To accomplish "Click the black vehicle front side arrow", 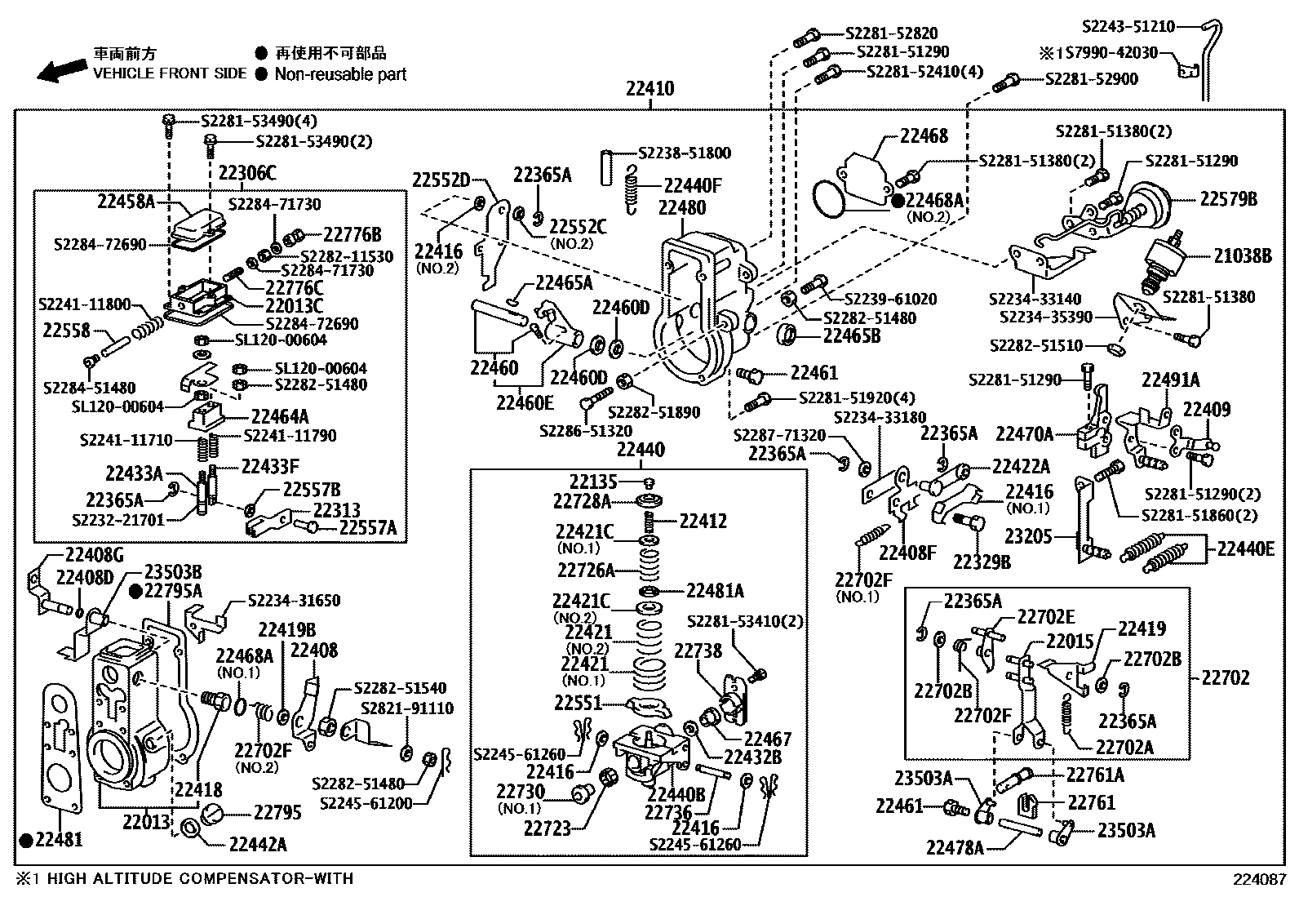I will pos(60,72).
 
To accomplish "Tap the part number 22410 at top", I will pos(649,88).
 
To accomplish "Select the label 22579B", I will pos(1228,198).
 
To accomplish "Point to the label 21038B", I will pos(1242,255).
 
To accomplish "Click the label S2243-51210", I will pos(1128,27).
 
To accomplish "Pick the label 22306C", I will pos(247,173).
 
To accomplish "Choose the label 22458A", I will pos(126,201).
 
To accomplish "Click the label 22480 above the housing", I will pos(682,207).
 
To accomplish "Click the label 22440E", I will pos(1245,548).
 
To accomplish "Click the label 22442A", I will pos(258,845).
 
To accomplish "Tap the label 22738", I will pos(698,650).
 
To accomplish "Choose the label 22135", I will pos(593,482).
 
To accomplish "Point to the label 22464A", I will pos(280,415).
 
